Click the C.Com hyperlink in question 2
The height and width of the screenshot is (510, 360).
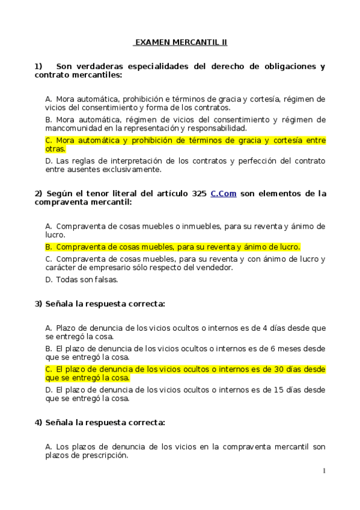point(224,194)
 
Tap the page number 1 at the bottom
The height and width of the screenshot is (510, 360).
point(323,471)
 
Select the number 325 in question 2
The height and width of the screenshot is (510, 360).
point(199,194)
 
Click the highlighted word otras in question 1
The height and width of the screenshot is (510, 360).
point(55,149)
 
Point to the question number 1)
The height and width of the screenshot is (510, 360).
point(38,66)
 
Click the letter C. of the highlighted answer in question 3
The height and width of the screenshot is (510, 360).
point(49,369)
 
